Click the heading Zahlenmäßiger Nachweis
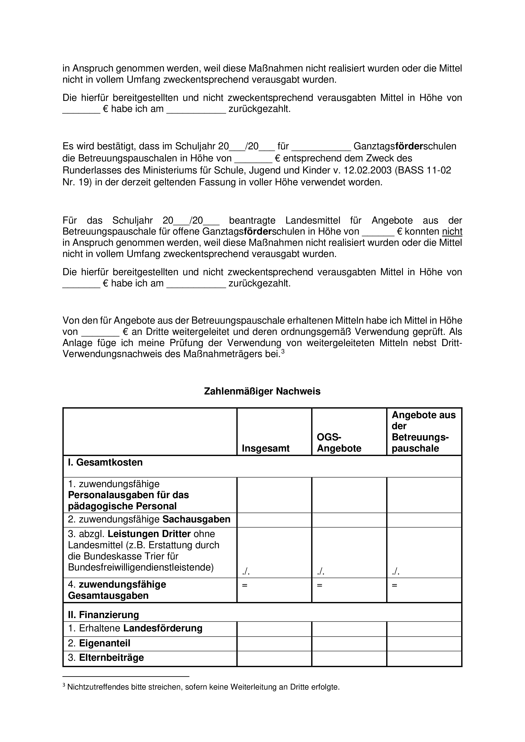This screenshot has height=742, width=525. [x=262, y=391]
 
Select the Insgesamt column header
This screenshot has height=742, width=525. [x=266, y=448]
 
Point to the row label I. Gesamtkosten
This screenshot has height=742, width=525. [x=105, y=462]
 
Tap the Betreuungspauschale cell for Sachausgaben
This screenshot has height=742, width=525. [x=424, y=520]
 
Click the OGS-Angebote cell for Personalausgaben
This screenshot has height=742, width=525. [x=349, y=495]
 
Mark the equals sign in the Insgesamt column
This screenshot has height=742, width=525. [x=245, y=585]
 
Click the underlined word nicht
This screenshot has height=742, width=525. [x=452, y=231]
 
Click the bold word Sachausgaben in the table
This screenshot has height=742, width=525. [x=196, y=519]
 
